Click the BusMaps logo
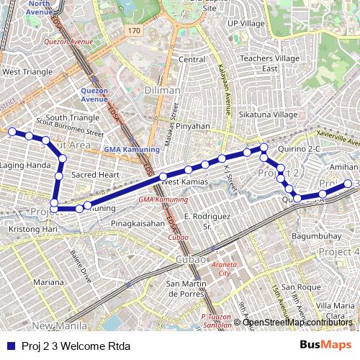click(325, 345)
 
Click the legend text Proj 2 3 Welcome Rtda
click(71, 346)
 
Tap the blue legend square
click(11, 346)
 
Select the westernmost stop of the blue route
click(12, 132)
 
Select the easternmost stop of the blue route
click(348, 184)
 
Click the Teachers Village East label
click(269, 63)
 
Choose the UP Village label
click(246, 24)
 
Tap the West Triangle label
click(27, 72)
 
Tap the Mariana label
click(48, 282)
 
